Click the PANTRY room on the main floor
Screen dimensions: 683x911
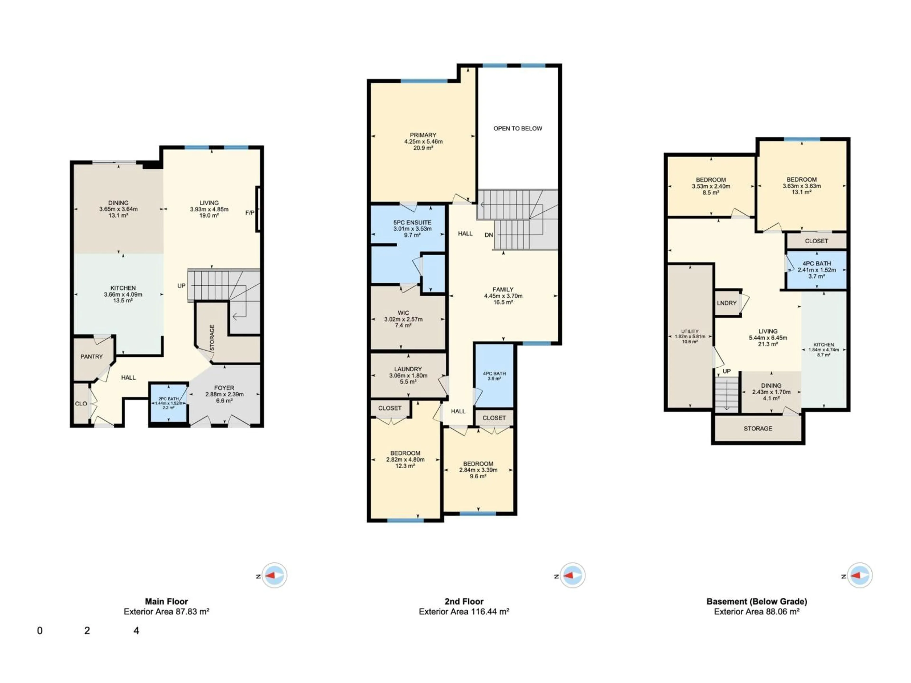tap(91, 356)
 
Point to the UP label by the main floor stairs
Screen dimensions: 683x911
tap(181, 286)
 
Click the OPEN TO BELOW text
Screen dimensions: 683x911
tap(518, 129)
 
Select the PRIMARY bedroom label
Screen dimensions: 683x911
tap(423, 135)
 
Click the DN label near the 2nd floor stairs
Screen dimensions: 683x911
tap(488, 235)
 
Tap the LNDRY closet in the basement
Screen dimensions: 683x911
tap(726, 303)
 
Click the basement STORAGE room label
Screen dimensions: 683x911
tap(758, 429)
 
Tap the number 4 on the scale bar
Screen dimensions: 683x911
tap(136, 631)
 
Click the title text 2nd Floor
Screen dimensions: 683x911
tap(464, 601)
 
